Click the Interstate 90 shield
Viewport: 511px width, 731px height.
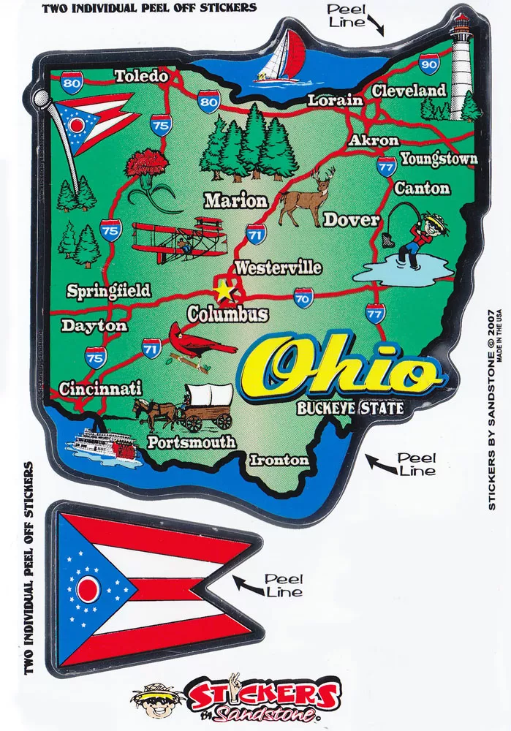[x=430, y=64]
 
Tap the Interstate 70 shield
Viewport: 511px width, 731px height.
[x=303, y=297]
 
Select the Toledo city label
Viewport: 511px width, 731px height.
[x=141, y=75]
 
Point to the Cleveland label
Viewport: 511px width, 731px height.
[x=409, y=91]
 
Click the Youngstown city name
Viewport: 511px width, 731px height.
[x=438, y=158]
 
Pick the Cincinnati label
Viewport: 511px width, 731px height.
[x=100, y=388]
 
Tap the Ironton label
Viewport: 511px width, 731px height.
[x=279, y=460]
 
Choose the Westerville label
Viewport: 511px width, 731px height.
[x=278, y=268]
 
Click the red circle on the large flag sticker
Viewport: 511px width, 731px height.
[x=88, y=588]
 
